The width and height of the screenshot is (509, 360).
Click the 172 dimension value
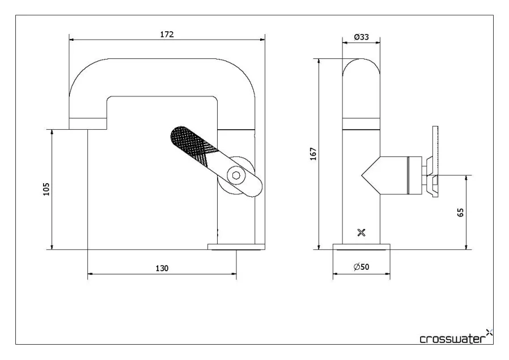(x=167, y=34)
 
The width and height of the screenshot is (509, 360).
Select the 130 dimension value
(x=162, y=268)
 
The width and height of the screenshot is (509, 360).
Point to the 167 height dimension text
(x=313, y=154)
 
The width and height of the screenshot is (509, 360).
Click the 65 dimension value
(x=460, y=213)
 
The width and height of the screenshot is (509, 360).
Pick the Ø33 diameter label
(x=361, y=37)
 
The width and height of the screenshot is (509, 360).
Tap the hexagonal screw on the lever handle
(x=235, y=175)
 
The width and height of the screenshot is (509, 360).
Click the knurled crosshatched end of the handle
(x=190, y=141)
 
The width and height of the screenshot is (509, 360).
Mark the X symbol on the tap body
(x=361, y=232)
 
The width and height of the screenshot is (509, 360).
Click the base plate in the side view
(x=361, y=247)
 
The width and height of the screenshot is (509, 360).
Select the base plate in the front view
(x=236, y=247)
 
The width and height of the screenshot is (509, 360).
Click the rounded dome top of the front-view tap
(x=361, y=68)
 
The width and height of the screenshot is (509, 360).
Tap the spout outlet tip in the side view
(x=87, y=124)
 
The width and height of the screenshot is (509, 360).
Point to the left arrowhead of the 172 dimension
(x=71, y=39)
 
